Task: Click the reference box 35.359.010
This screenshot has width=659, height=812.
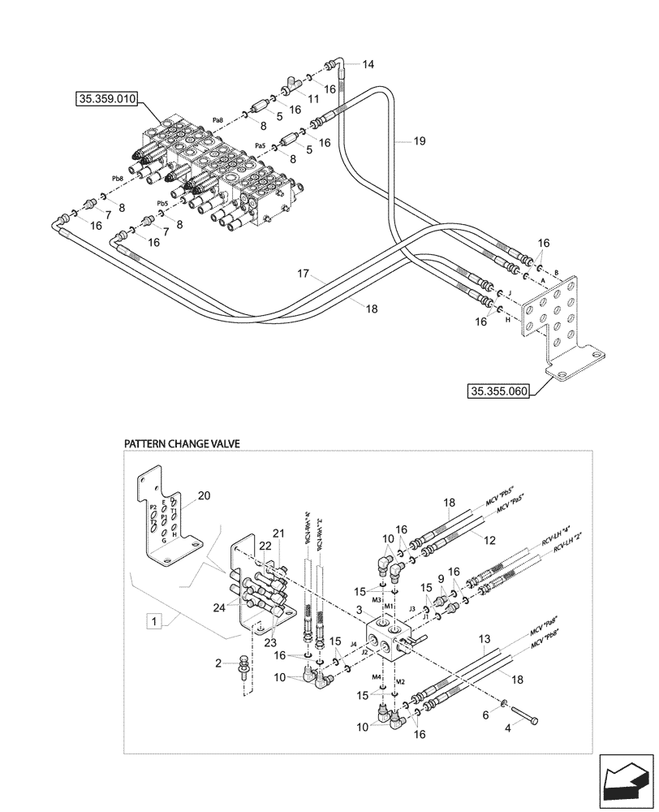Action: (108, 99)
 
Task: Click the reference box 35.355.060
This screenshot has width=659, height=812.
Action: (498, 391)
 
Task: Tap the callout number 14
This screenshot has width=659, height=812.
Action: (368, 64)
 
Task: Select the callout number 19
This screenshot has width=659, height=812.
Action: (419, 140)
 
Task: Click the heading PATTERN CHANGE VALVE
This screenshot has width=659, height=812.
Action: (182, 444)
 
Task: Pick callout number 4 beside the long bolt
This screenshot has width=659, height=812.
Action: (508, 728)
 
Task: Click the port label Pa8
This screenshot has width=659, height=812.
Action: (217, 120)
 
